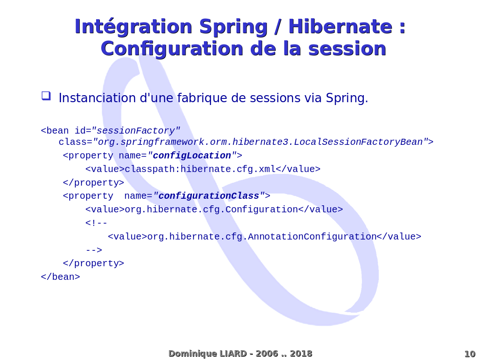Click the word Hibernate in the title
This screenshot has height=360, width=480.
tap(340, 26)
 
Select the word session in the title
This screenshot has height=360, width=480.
tap(347, 49)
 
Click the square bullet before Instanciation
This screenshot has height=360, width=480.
tap(46, 96)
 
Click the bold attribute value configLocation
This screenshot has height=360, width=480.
tap(192, 156)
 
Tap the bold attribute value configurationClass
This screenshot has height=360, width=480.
tap(209, 196)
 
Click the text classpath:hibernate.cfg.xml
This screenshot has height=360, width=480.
tap(200, 169)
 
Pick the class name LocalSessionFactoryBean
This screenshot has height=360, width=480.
tap(358, 142)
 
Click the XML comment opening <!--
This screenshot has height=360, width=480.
tap(96, 223)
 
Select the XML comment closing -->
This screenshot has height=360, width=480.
tap(94, 250)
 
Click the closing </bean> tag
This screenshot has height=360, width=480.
tap(60, 277)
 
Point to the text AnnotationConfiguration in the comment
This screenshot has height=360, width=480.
tap(312, 237)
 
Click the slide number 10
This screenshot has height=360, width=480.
tap(470, 354)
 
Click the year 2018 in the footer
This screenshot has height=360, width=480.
tap(301, 353)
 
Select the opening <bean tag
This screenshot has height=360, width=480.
tap(55, 131)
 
